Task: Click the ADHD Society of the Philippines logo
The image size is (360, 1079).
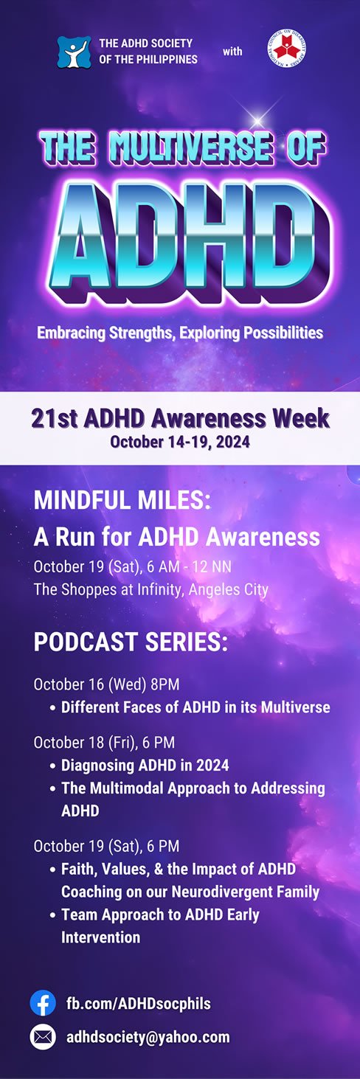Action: (x=74, y=52)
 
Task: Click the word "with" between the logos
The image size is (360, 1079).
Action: (x=232, y=52)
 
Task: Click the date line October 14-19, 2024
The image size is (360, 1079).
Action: (x=180, y=442)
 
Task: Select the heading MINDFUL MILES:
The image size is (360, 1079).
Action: (x=122, y=500)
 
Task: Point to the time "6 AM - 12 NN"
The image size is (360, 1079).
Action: (x=190, y=566)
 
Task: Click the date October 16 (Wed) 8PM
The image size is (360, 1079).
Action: (x=106, y=684)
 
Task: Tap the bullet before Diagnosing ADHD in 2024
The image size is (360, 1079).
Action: (x=53, y=766)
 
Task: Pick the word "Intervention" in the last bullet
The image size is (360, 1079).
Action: (x=101, y=937)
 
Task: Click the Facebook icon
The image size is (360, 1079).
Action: (x=43, y=1003)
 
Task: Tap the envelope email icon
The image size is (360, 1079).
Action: (x=43, y=1037)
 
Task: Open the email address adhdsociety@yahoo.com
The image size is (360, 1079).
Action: (x=148, y=1037)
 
